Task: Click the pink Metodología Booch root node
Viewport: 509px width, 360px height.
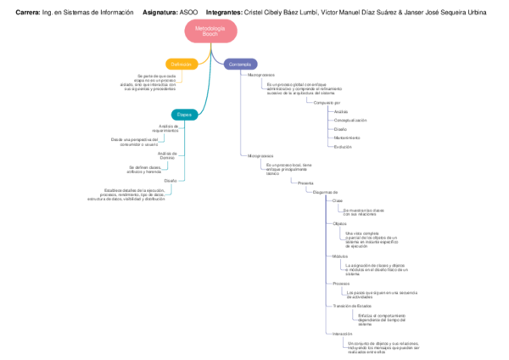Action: (x=210, y=30)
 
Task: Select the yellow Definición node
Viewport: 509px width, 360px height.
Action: (x=181, y=64)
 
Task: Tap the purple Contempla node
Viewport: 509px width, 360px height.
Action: (x=240, y=64)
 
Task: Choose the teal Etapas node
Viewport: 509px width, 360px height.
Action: (x=184, y=114)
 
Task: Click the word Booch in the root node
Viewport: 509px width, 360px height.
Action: (x=210, y=34)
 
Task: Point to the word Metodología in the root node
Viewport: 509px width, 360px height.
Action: (x=210, y=27)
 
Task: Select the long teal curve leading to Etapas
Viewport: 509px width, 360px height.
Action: (x=206, y=85)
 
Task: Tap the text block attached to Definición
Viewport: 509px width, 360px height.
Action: (x=150, y=82)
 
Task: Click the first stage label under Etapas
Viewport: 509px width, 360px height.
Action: (x=169, y=127)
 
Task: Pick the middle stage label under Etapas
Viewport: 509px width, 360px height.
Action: (x=168, y=155)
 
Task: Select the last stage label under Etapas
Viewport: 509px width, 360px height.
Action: (x=171, y=180)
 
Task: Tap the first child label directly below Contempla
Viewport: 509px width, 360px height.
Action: (x=258, y=76)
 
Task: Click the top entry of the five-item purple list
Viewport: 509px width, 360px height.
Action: (x=340, y=111)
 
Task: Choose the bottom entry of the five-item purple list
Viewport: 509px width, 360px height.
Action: (x=342, y=146)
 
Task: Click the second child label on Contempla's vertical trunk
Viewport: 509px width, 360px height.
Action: (x=260, y=155)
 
